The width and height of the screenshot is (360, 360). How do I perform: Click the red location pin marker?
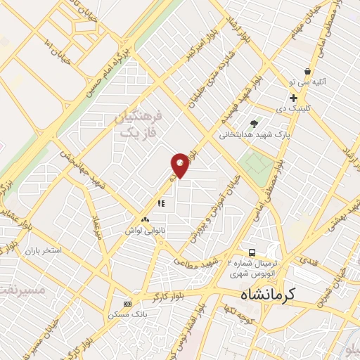pyautogui.click(x=181, y=165)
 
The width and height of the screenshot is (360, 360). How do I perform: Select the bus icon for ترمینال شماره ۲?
pyautogui.click(x=251, y=252)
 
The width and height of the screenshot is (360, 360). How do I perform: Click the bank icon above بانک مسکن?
pyautogui.click(x=127, y=304)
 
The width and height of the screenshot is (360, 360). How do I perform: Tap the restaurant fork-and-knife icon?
pyautogui.click(x=161, y=204)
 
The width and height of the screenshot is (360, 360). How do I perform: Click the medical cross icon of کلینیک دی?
pyautogui.click(x=293, y=98)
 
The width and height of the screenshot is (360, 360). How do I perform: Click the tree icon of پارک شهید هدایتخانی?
pyautogui.click(x=254, y=124)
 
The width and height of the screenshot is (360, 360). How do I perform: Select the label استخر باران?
pyautogui.click(x=44, y=250)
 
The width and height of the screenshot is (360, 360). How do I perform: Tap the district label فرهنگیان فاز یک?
pyautogui.click(x=137, y=124)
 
